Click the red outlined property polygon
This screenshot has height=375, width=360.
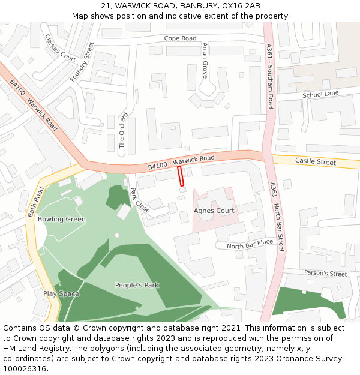tap(180, 177)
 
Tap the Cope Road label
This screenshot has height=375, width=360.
tap(180, 38)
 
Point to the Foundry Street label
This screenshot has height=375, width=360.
tap(82, 62)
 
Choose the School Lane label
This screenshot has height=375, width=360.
tap(320, 94)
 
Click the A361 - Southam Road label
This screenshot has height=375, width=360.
tap(270, 76)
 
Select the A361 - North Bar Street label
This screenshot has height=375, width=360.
tap(277, 217)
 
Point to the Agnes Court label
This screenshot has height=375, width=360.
tap(214, 211)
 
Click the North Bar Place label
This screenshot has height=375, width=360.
tap(250, 243)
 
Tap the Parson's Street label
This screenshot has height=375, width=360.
tap(325, 274)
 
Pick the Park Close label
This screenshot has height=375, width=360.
tap(139, 200)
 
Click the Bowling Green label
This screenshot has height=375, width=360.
tap(61, 220)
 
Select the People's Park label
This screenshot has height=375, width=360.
tap(137, 285)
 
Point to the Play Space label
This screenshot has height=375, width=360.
tap(61, 294)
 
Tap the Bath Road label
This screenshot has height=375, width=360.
tap(36, 202)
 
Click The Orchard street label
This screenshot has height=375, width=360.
tap(122, 130)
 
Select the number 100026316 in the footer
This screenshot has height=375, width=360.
tap(25, 368)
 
